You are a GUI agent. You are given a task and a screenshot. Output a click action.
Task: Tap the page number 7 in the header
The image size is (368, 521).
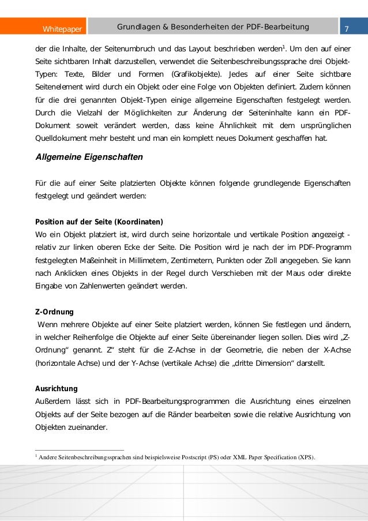(x=347, y=29)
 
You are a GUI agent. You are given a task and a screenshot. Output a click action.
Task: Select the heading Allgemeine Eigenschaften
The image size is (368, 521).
(x=89, y=157)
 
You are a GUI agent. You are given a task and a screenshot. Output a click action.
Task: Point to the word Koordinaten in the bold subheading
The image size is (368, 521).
(x=138, y=222)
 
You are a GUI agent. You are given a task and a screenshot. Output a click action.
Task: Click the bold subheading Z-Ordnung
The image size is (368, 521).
(x=54, y=312)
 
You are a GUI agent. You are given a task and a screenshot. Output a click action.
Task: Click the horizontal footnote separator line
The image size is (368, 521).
(x=80, y=449)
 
